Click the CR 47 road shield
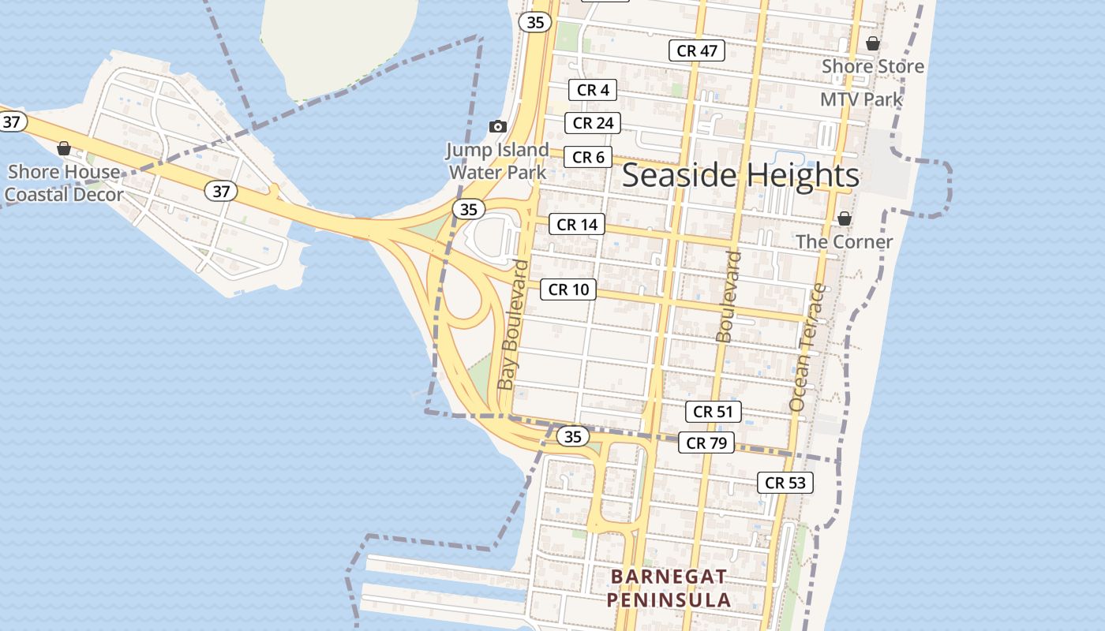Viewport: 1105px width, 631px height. click(697, 50)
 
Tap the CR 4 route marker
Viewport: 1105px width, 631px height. click(593, 90)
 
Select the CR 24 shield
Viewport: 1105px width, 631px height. click(593, 123)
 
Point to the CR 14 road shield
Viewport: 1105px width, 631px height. click(577, 225)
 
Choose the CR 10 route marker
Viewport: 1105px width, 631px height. click(568, 289)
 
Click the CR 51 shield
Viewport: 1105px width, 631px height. click(713, 411)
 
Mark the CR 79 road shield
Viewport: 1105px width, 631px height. click(706, 442)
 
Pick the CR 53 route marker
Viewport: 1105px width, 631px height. click(785, 483)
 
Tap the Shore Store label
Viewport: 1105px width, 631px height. click(872, 66)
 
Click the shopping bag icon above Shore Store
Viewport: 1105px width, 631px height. click(873, 43)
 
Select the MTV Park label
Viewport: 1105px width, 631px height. click(861, 99)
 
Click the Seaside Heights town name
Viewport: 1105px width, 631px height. click(740, 175)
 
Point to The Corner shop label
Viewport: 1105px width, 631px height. click(845, 241)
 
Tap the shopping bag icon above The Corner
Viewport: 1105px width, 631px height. click(845, 218)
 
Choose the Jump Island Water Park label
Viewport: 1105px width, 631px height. click(497, 160)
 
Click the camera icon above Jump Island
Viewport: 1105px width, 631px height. click(497, 126)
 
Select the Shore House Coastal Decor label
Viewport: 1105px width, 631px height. click(64, 183)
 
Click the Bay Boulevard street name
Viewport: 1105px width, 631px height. click(513, 323)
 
